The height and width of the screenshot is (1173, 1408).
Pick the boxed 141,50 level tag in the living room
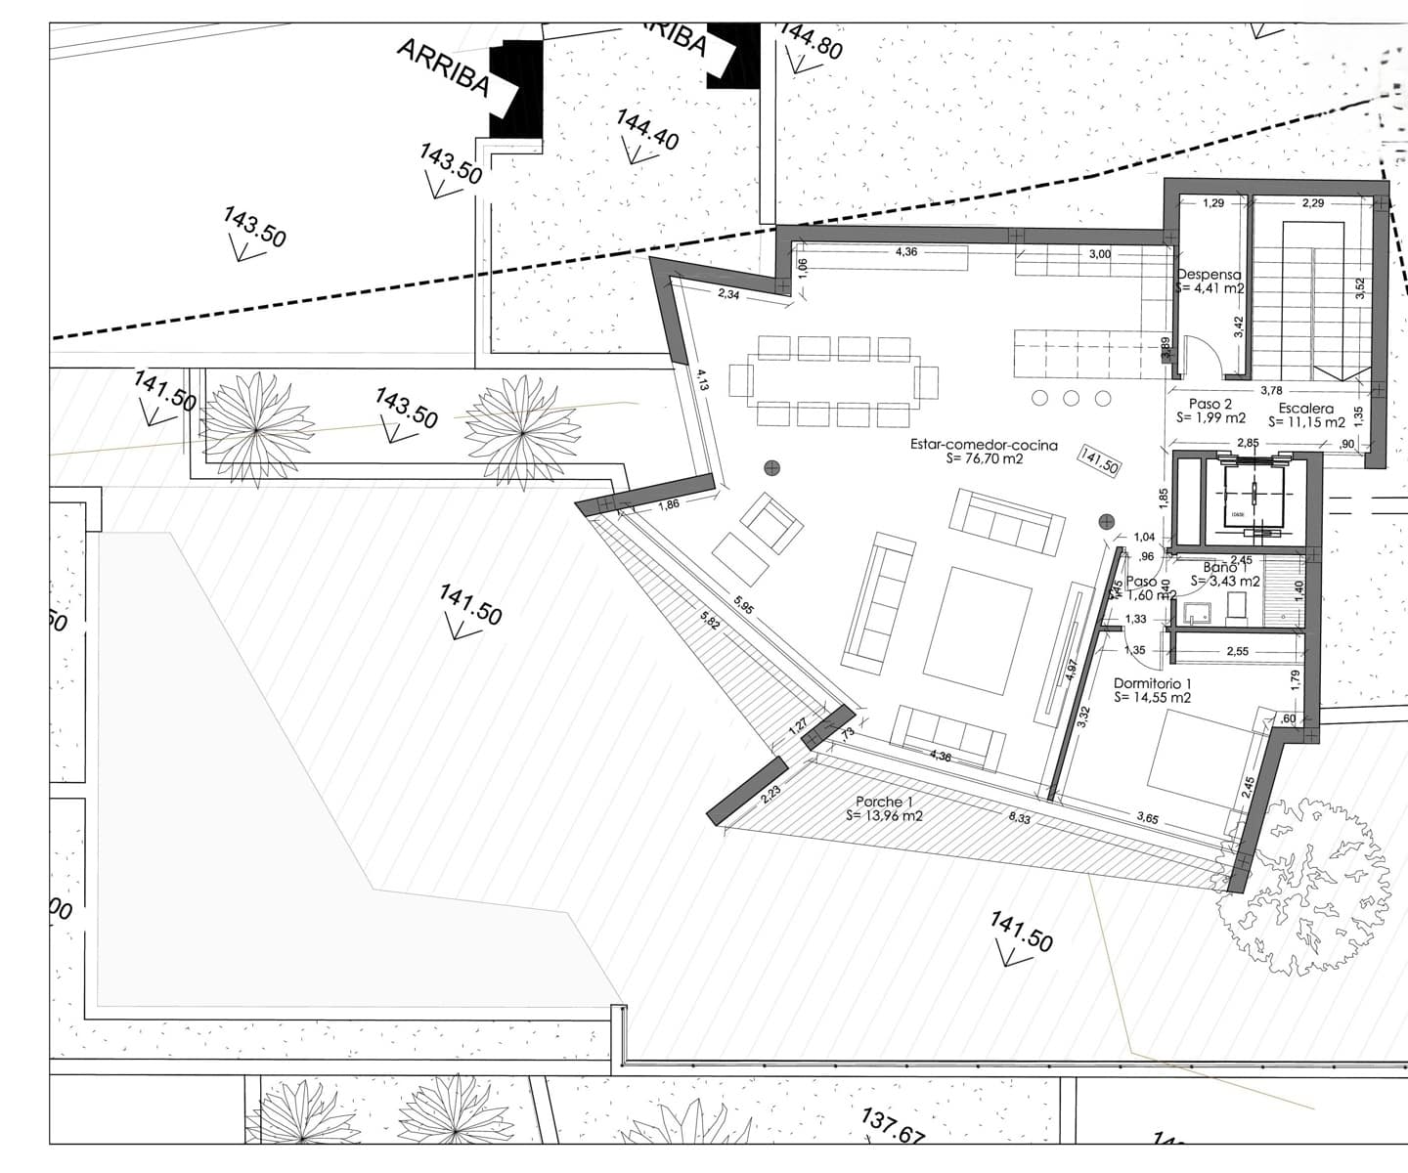[1098, 460]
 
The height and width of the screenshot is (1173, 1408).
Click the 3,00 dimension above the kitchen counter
[1099, 254]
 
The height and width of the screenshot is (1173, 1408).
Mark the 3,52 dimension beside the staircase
[1360, 287]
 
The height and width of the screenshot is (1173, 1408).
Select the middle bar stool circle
[1072, 398]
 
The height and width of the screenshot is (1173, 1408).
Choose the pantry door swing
[1199, 356]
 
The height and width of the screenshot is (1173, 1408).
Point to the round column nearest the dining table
[772, 468]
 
